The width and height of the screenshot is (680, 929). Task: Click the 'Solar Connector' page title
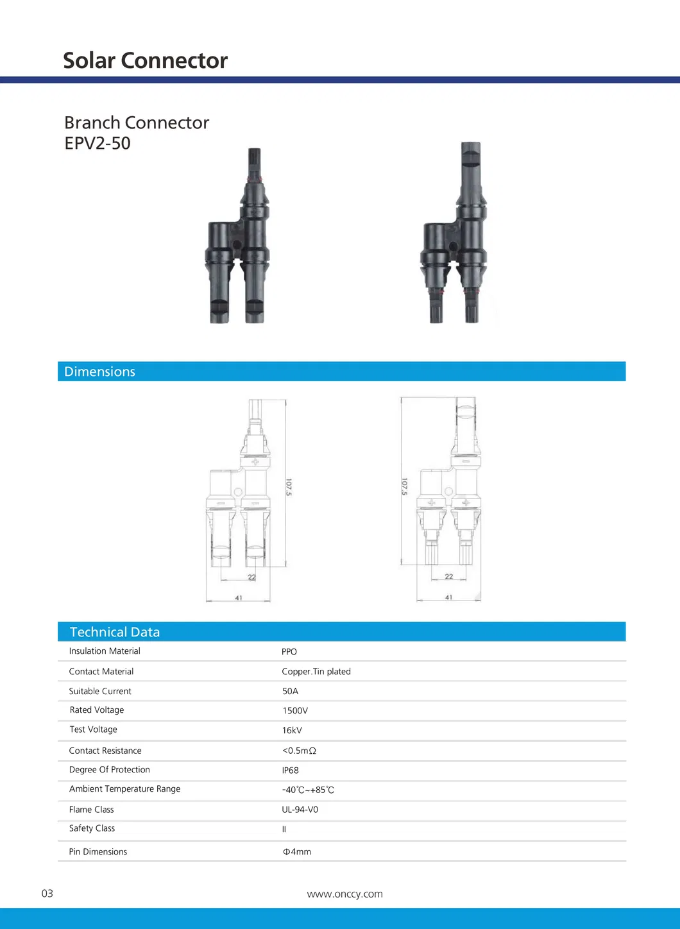tap(145, 60)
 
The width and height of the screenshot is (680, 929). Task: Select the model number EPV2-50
tap(98, 143)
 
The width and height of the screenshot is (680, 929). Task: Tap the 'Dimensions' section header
tap(99, 371)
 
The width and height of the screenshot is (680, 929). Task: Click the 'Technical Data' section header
tap(114, 632)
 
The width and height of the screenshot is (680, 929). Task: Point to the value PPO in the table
tap(289, 652)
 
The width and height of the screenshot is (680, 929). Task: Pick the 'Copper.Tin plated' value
tap(316, 672)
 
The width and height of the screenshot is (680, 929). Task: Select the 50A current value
tap(290, 692)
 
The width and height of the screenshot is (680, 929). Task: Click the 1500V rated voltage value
tap(295, 711)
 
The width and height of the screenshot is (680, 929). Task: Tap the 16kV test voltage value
tap(292, 731)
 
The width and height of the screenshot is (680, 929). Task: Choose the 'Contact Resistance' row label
tap(105, 751)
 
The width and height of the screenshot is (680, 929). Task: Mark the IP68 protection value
tap(290, 771)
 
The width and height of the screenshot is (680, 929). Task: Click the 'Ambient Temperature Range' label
tap(124, 789)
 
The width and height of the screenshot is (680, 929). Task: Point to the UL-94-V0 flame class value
tap(300, 810)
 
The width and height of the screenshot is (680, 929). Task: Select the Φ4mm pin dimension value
tap(297, 852)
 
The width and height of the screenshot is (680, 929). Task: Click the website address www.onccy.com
tap(344, 894)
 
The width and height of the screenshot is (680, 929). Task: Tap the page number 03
tap(47, 894)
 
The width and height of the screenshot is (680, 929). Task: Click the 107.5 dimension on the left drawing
tap(289, 488)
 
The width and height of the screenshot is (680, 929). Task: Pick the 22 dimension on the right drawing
tap(449, 576)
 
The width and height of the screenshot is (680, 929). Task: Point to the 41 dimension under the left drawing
tap(239, 598)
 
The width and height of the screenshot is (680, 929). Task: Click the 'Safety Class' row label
tap(92, 828)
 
